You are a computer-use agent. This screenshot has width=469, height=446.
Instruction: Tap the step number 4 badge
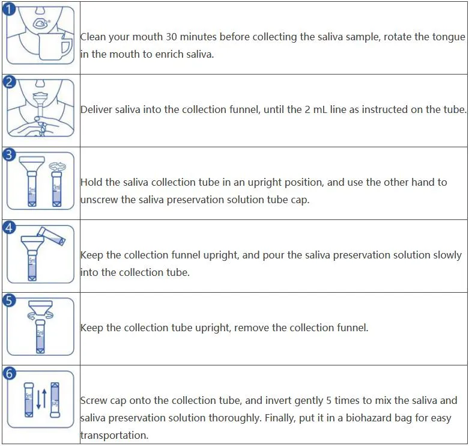pos(9,228)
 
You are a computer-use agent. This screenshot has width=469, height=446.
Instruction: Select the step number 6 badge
pos(9,373)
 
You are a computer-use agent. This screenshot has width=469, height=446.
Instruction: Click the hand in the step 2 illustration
pos(37,127)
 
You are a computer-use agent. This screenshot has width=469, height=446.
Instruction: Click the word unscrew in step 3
pos(100,200)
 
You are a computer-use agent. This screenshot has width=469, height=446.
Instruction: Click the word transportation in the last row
pos(113,435)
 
